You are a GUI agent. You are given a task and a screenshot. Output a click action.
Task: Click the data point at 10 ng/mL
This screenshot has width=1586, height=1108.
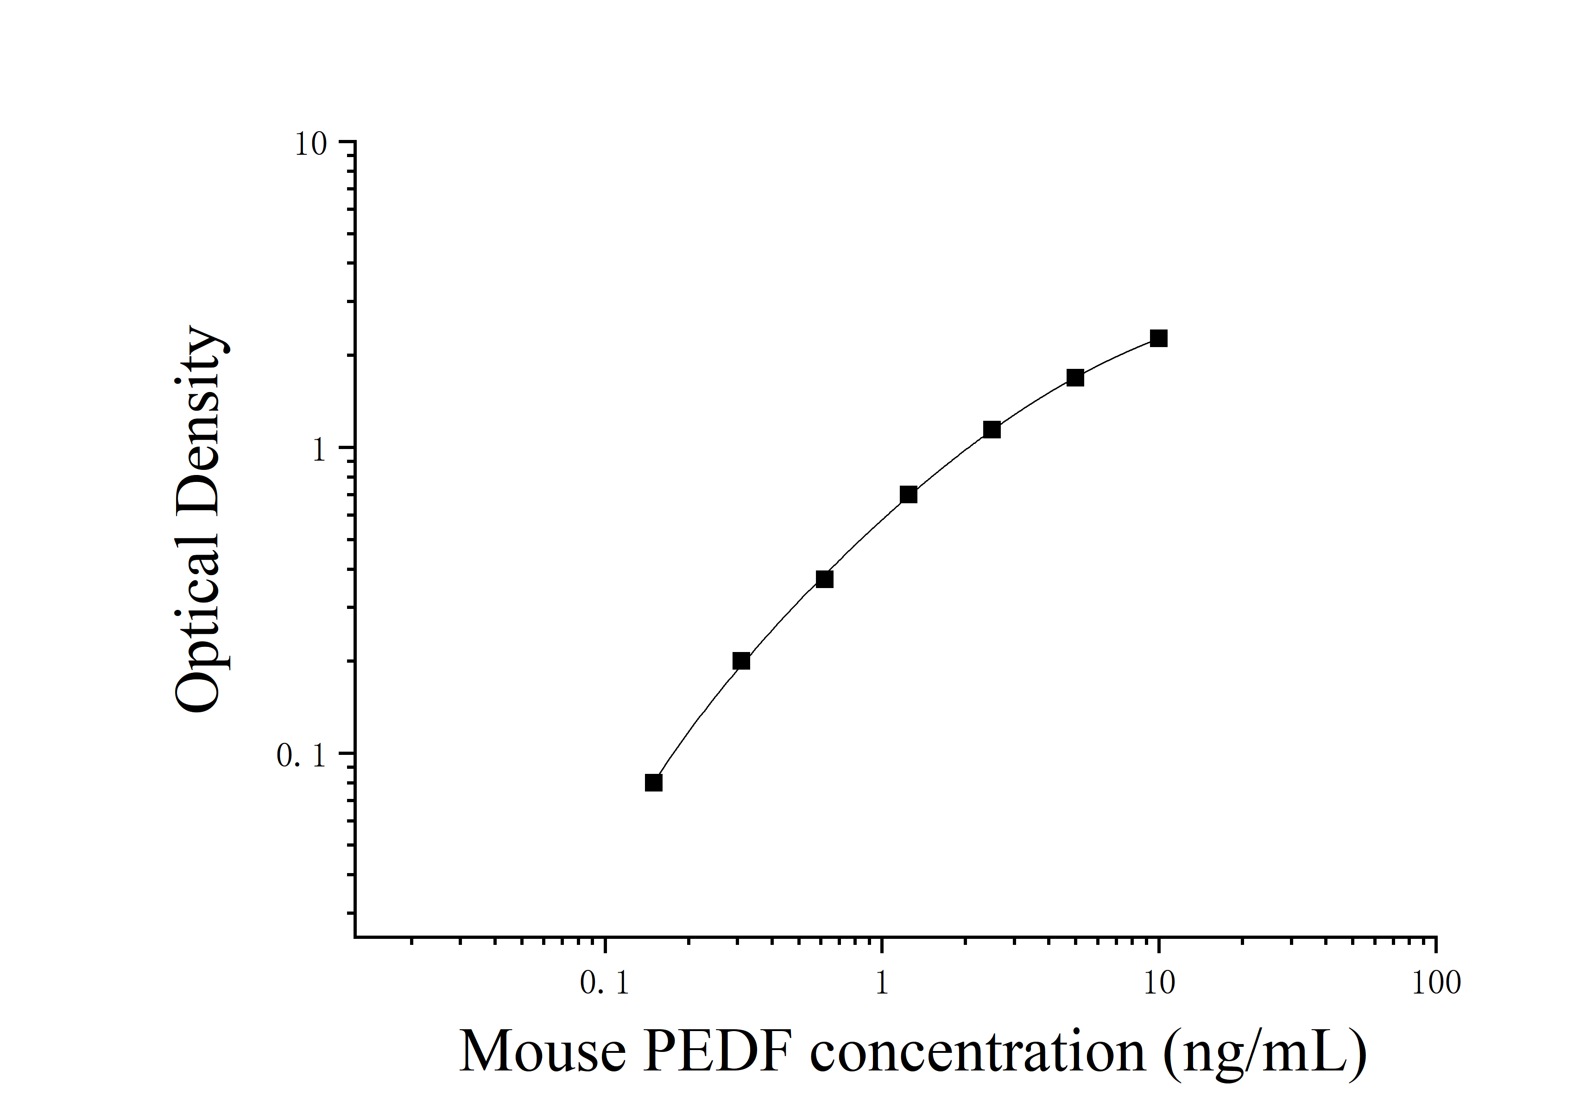(x=1158, y=338)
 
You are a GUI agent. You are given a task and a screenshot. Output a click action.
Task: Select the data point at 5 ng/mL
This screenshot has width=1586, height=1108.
(x=1075, y=378)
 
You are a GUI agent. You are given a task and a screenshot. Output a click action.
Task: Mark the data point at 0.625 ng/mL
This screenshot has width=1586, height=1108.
(x=824, y=579)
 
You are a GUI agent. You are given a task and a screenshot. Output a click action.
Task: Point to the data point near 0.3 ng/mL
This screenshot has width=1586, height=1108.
(x=741, y=661)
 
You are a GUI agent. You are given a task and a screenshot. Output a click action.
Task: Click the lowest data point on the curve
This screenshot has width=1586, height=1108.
(x=653, y=783)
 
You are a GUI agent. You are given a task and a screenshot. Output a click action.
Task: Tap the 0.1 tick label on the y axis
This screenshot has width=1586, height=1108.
(x=301, y=756)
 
